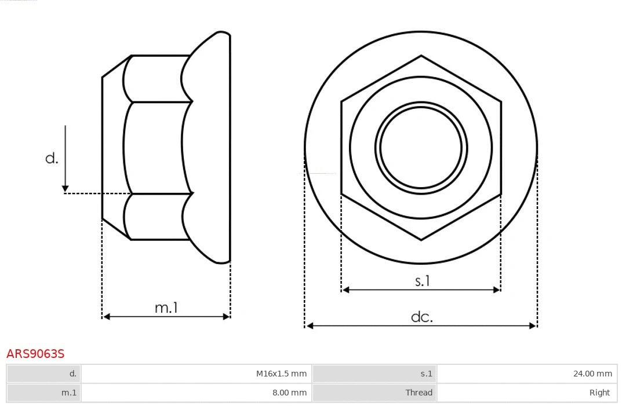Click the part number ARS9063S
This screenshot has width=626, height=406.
pos(35,353)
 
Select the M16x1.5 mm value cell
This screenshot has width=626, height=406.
pos(281,374)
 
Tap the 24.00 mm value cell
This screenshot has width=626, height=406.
pos(592,374)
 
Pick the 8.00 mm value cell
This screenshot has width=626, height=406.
pos(289,392)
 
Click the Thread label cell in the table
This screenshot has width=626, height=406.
pos(418,392)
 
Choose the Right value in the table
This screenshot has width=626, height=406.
pos(599,392)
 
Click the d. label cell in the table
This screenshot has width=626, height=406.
pos(72,374)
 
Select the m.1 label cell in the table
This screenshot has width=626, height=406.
pos(69,392)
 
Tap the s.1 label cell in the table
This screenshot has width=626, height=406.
pos(426,374)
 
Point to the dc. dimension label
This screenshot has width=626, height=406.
pos(422,317)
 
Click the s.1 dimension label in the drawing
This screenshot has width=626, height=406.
pos(423,281)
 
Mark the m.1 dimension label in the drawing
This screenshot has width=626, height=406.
pos(166,308)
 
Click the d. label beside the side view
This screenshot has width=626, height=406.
pos(52,158)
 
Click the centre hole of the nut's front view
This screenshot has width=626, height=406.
pos(421,148)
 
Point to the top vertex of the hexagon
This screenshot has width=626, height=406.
pos(421,56)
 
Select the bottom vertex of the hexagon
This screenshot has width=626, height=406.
pos(421,240)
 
